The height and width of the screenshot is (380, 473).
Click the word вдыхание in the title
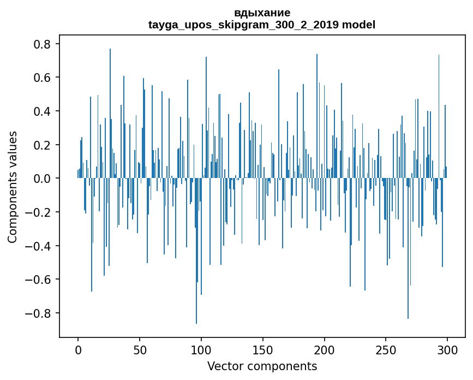pyautogui.click(x=262, y=13)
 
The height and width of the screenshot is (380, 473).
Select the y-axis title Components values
pyautogui.click(x=13, y=187)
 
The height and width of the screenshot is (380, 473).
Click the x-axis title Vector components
pyautogui.click(x=262, y=366)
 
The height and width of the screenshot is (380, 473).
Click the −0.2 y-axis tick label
pyautogui.click(x=40, y=212)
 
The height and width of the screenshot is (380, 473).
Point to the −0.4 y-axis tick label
pyautogui.click(x=40, y=246)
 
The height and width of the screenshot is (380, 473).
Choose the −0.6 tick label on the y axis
pyautogui.click(x=40, y=280)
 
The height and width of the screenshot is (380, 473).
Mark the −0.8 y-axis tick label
pyautogui.click(x=40, y=313)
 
